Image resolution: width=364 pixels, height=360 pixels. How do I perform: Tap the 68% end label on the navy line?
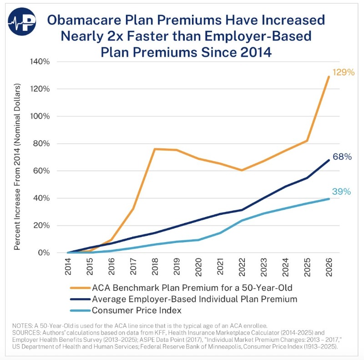342,157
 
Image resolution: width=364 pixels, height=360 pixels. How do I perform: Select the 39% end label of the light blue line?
341,192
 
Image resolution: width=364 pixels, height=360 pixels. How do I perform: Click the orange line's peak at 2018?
155,149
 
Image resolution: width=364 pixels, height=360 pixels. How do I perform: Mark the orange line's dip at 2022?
242,170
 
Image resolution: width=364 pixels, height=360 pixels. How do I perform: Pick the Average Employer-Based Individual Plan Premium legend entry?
194,299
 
